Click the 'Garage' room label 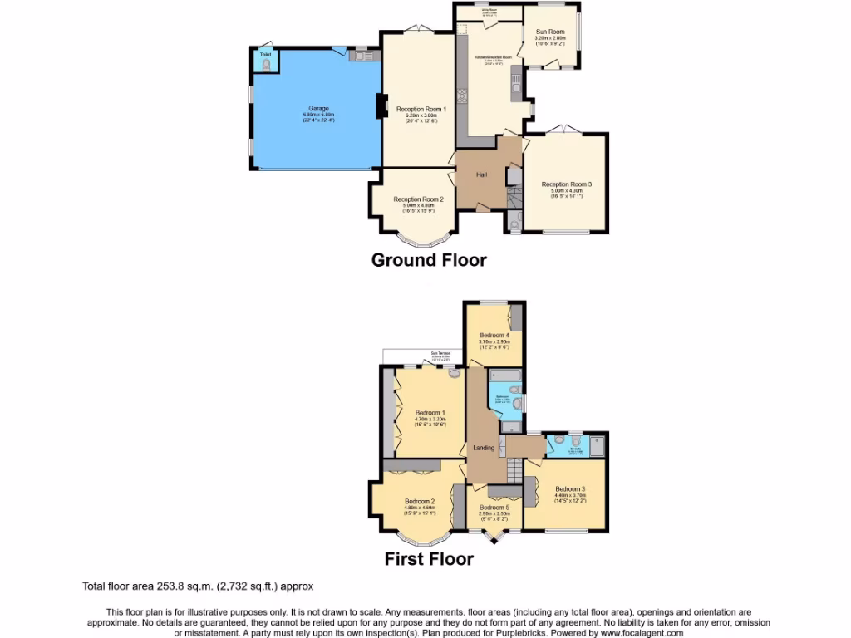pyautogui.click(x=318, y=109)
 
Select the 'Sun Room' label pyautogui.click(x=549, y=32)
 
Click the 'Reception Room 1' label pyautogui.click(x=421, y=109)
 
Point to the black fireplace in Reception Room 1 pyautogui.click(x=381, y=107)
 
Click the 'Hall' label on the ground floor pyautogui.click(x=481, y=174)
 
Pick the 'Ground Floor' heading pyautogui.click(x=428, y=260)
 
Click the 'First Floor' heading pyautogui.click(x=428, y=559)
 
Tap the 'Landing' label pyautogui.click(x=484, y=448)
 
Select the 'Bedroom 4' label pyautogui.click(x=494, y=335)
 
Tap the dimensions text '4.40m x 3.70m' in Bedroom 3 pyautogui.click(x=570, y=496)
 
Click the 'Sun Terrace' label pyautogui.click(x=440, y=353)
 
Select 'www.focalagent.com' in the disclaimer pyautogui.click(x=639, y=632)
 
